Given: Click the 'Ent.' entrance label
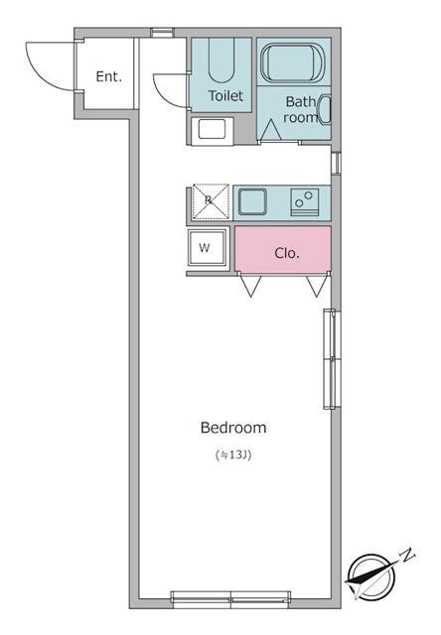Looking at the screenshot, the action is pyautogui.click(x=108, y=76).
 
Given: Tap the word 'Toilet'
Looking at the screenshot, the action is pyautogui.click(x=225, y=96).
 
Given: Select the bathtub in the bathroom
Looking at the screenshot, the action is pyautogui.click(x=293, y=63).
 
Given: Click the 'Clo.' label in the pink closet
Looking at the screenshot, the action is pyautogui.click(x=287, y=254).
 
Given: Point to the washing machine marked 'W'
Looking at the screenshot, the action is pyautogui.click(x=208, y=248).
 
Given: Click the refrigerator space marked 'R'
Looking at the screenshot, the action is pyautogui.click(x=211, y=202).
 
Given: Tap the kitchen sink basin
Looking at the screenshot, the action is pyautogui.click(x=252, y=201).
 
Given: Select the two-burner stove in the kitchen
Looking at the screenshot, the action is pyautogui.click(x=304, y=202).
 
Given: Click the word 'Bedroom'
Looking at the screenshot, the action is pyautogui.click(x=233, y=428).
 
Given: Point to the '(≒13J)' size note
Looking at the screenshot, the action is pyautogui.click(x=233, y=455).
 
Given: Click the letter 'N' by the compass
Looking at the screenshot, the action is pyautogui.click(x=408, y=555).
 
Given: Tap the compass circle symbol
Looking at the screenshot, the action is pyautogui.click(x=371, y=577).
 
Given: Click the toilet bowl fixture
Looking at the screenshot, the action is pyautogui.click(x=221, y=61).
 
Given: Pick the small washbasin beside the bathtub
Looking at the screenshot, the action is pyautogui.click(x=325, y=109).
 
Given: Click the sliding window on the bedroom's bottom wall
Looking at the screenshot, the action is pyautogui.click(x=230, y=599).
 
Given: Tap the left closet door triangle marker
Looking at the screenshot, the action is pyautogui.click(x=250, y=287).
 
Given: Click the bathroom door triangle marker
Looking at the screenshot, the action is pyautogui.click(x=271, y=130).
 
